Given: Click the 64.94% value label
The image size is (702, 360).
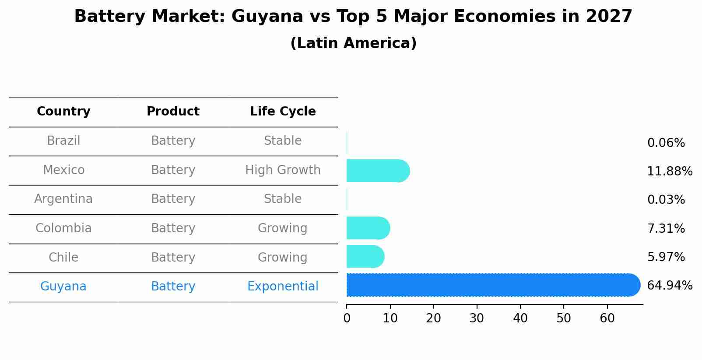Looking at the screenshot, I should pyautogui.click(x=669, y=286).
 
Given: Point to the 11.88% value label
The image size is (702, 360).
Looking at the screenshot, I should pyautogui.click(x=669, y=171).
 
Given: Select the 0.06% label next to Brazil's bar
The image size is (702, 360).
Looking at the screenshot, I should pyautogui.click(x=666, y=143).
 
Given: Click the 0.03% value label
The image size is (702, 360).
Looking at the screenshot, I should pyautogui.click(x=666, y=200).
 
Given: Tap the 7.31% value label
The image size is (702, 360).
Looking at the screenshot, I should pyautogui.click(x=666, y=228).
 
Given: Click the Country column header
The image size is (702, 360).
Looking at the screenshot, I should pyautogui.click(x=63, y=112).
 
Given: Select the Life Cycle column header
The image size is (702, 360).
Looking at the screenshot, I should pyautogui.click(x=283, y=112).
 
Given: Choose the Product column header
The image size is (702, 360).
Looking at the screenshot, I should pyautogui.click(x=173, y=112).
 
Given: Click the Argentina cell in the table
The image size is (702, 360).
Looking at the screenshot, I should pyautogui.click(x=63, y=199).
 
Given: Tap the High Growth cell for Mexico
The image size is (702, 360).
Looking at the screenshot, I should pyautogui.click(x=283, y=170).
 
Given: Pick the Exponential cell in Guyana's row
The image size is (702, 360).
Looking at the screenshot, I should pyautogui.click(x=283, y=287).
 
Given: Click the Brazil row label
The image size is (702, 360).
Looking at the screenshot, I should pyautogui.click(x=63, y=141).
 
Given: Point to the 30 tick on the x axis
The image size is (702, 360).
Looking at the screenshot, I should pyautogui.click(x=477, y=318).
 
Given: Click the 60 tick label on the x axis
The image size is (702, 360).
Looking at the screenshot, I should pyautogui.click(x=607, y=318).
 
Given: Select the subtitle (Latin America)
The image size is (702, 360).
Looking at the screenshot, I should pyautogui.click(x=353, y=43).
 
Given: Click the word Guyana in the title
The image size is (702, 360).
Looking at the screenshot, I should pyautogui.click(x=267, y=17).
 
